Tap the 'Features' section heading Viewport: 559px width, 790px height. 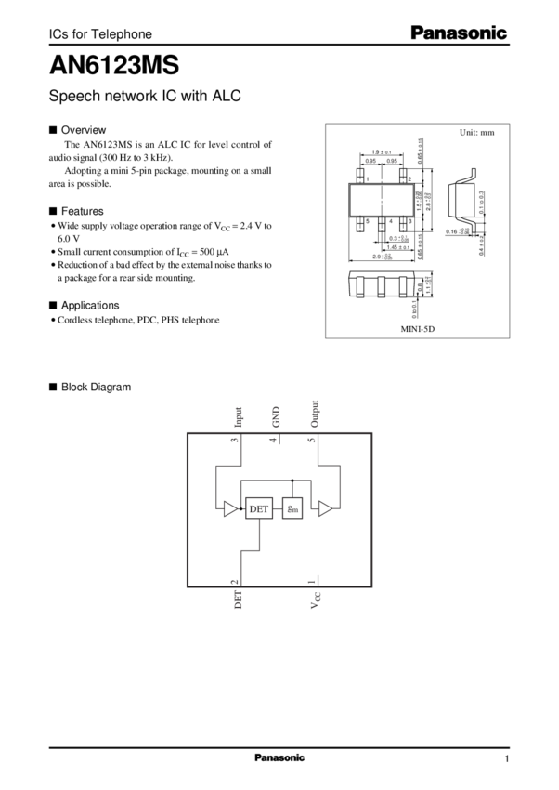81,211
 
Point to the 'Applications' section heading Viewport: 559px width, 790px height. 89,305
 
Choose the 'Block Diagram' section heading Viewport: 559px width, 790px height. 95,386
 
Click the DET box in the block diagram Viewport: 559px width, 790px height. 258,508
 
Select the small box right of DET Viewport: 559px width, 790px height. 292,508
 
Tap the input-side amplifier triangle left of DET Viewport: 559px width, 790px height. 228,508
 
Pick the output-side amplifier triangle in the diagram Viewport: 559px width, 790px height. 326,508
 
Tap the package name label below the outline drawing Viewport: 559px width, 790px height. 418,328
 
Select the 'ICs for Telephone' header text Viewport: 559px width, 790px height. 98,34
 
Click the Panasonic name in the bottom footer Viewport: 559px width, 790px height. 279,758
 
